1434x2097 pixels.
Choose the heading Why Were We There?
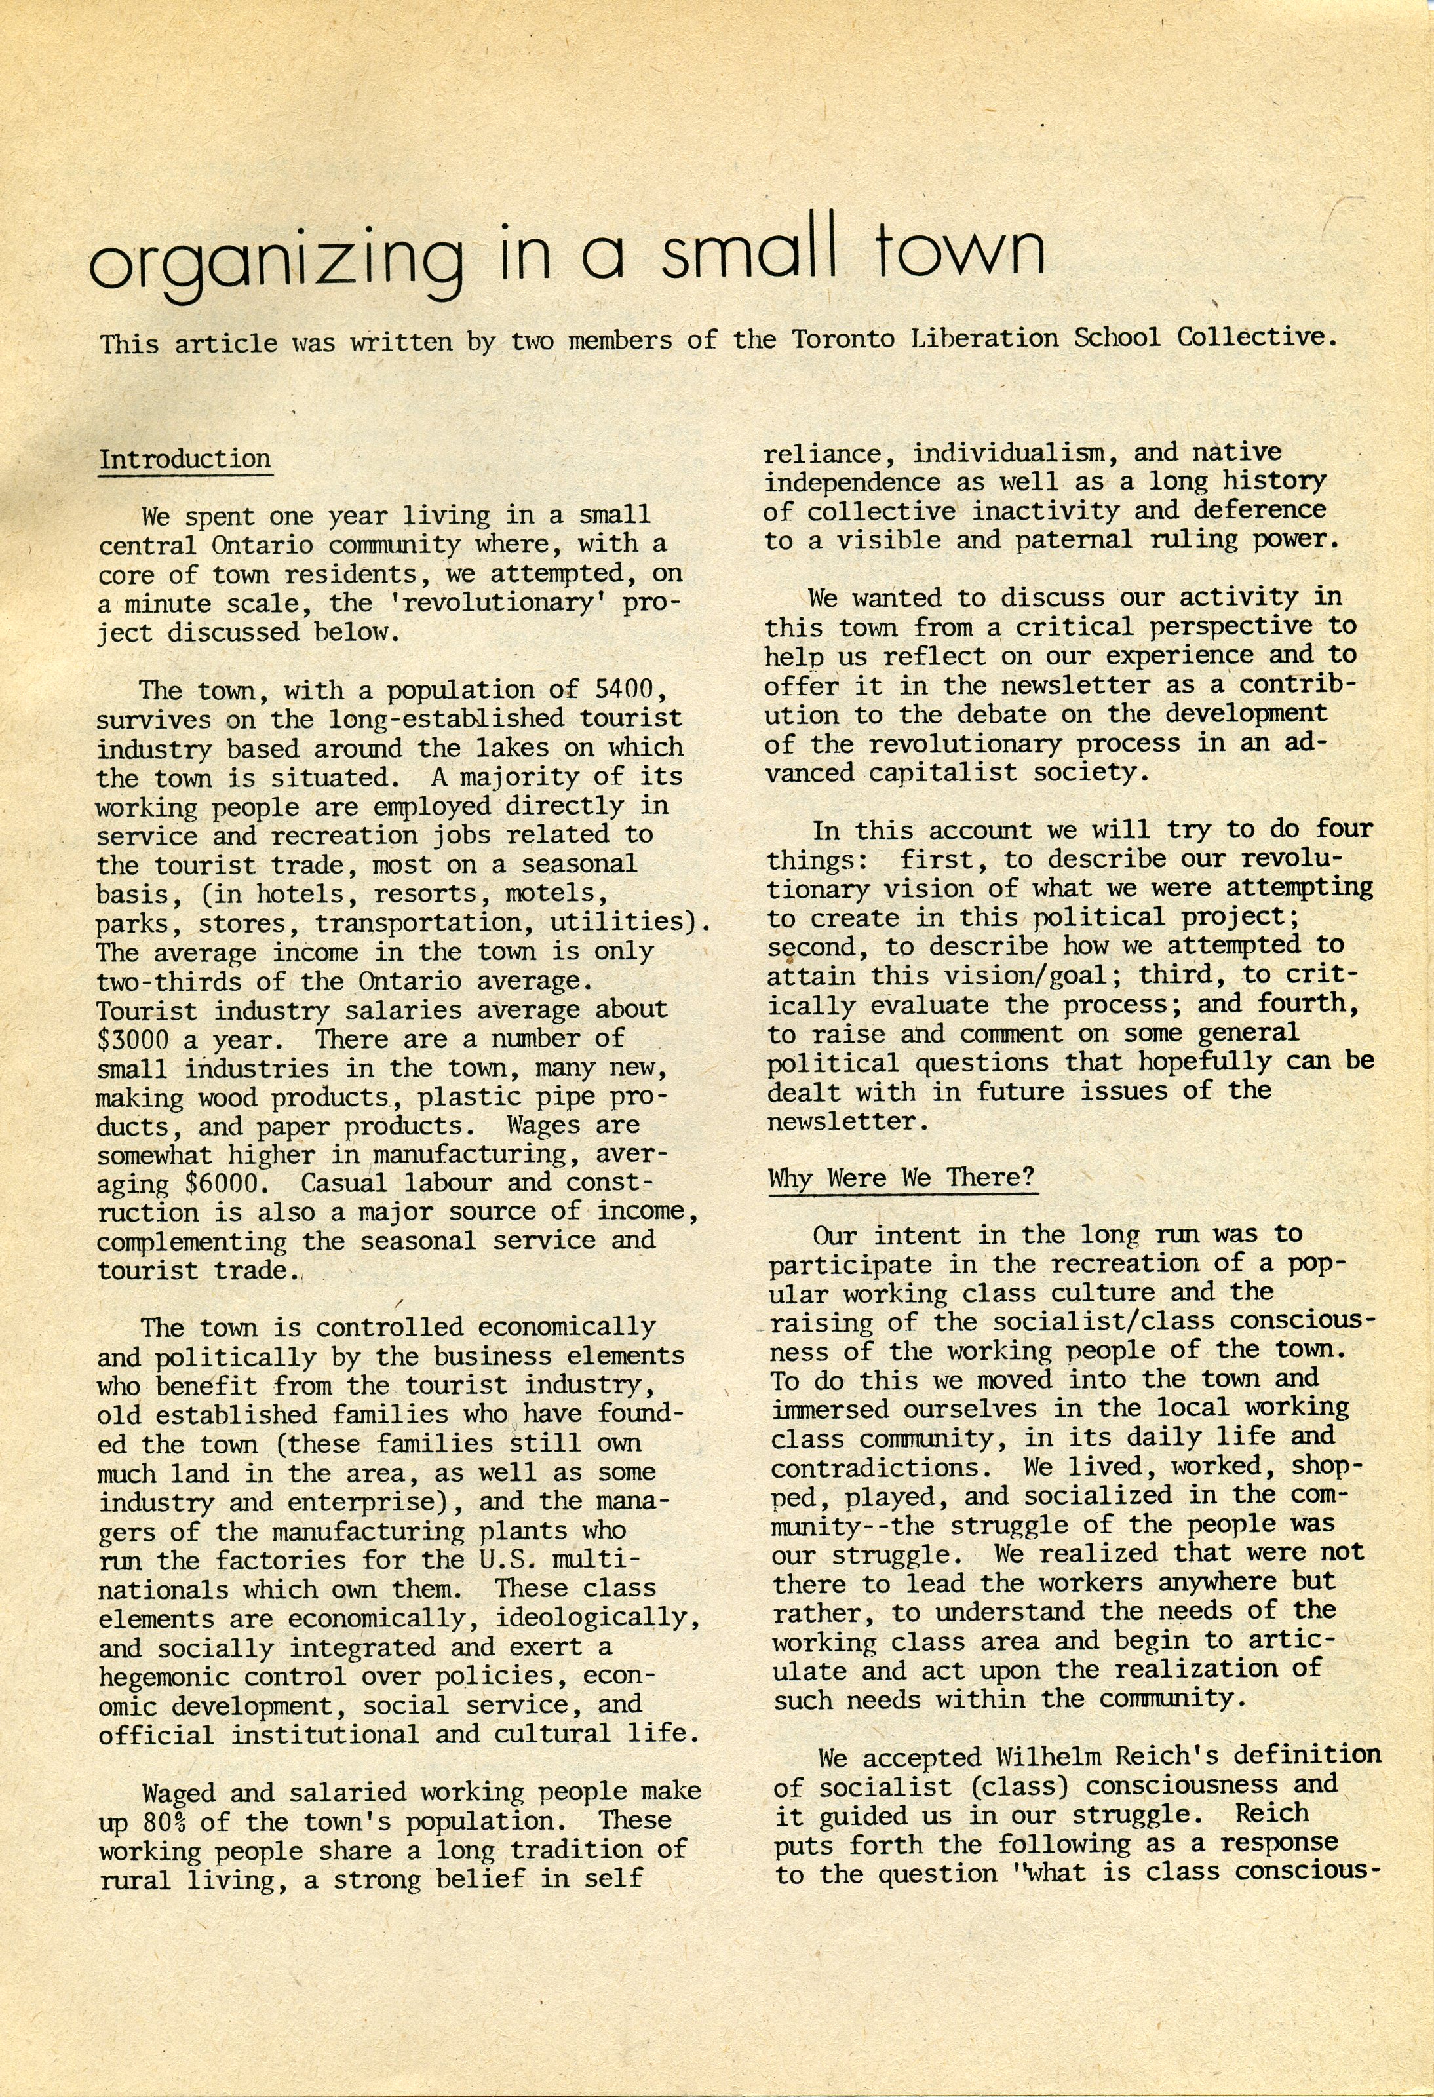pos(901,1178)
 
